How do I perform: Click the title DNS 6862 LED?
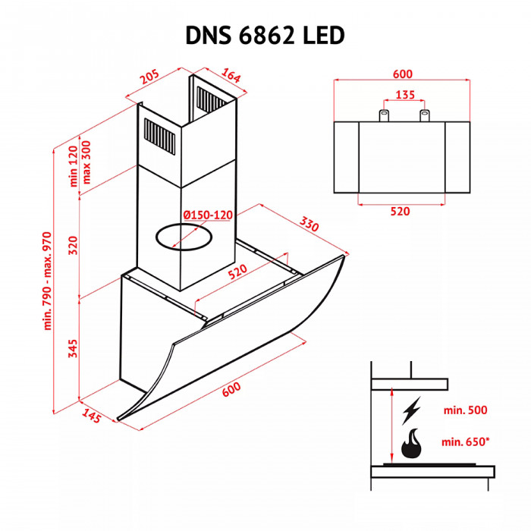tap(265, 35)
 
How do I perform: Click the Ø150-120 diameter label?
tap(207, 215)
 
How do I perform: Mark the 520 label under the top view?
tap(400, 212)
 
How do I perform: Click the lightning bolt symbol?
tap(412, 410)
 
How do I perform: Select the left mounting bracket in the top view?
tap(385, 115)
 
